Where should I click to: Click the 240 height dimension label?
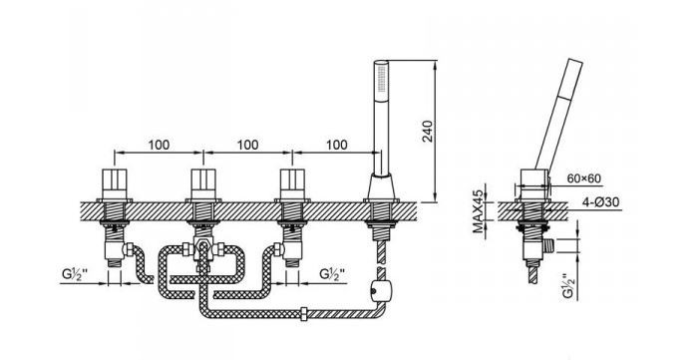pos(428,131)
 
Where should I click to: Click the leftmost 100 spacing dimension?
pos(159,145)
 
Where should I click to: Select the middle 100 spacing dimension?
pos(247,145)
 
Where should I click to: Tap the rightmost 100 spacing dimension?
pos(337,145)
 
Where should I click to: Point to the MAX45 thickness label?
pos(478,211)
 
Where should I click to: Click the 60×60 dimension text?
pos(583,179)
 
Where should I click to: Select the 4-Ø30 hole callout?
pos(600,202)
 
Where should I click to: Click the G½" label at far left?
pos(75,274)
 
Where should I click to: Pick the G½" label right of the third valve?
pos(332,274)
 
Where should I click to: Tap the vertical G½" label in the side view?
pos(567,285)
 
